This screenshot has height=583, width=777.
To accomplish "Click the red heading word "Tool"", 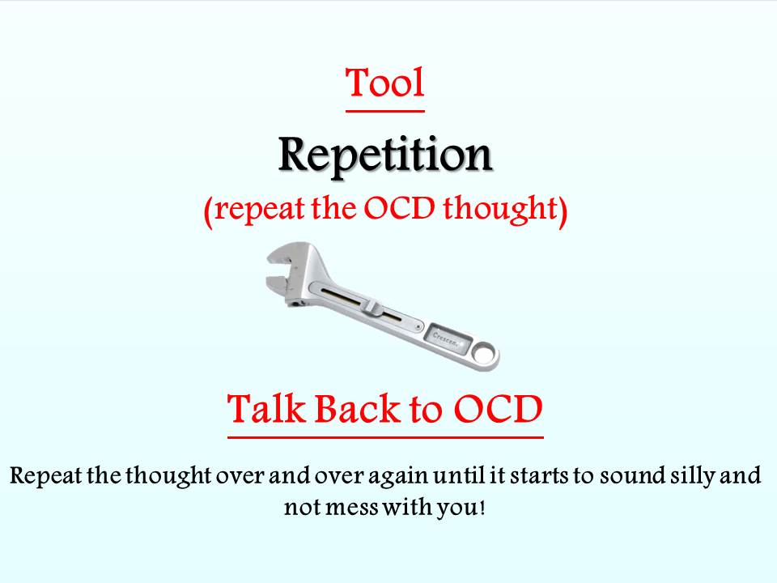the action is (x=384, y=83).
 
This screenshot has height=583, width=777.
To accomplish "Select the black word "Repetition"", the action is (x=385, y=155).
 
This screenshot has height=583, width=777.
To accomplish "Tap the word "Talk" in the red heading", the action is (x=265, y=409).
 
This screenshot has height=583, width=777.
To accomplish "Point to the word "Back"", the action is (x=357, y=409).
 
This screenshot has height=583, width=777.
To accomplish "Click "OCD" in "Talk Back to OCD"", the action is (x=499, y=410).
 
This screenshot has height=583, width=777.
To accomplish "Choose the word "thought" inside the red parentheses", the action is (x=500, y=209).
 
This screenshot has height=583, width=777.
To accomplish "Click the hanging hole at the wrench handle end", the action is (x=482, y=354).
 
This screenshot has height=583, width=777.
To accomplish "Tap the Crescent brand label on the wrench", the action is (x=447, y=338).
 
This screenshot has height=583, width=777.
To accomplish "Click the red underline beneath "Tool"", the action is (x=385, y=111).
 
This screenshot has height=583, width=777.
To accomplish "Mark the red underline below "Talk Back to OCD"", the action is (x=385, y=437).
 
